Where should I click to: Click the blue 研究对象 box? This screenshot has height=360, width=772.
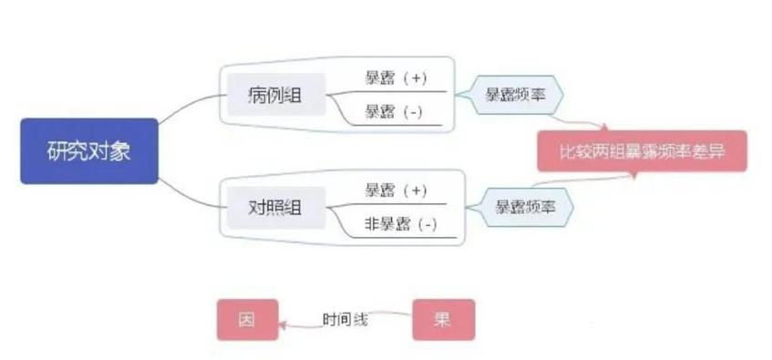click(x=89, y=150)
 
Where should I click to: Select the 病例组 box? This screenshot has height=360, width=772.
click(x=274, y=94)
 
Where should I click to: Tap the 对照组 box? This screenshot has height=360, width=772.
click(x=274, y=208)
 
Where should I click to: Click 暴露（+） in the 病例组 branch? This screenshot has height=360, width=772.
click(x=396, y=78)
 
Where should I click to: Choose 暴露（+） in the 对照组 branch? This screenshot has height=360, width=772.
click(x=396, y=190)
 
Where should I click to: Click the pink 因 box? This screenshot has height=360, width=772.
click(x=246, y=320)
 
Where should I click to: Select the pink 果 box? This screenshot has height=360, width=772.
click(x=443, y=320)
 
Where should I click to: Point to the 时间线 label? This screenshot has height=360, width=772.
click(x=345, y=320)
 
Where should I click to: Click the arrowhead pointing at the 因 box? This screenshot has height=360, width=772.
click(x=282, y=322)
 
